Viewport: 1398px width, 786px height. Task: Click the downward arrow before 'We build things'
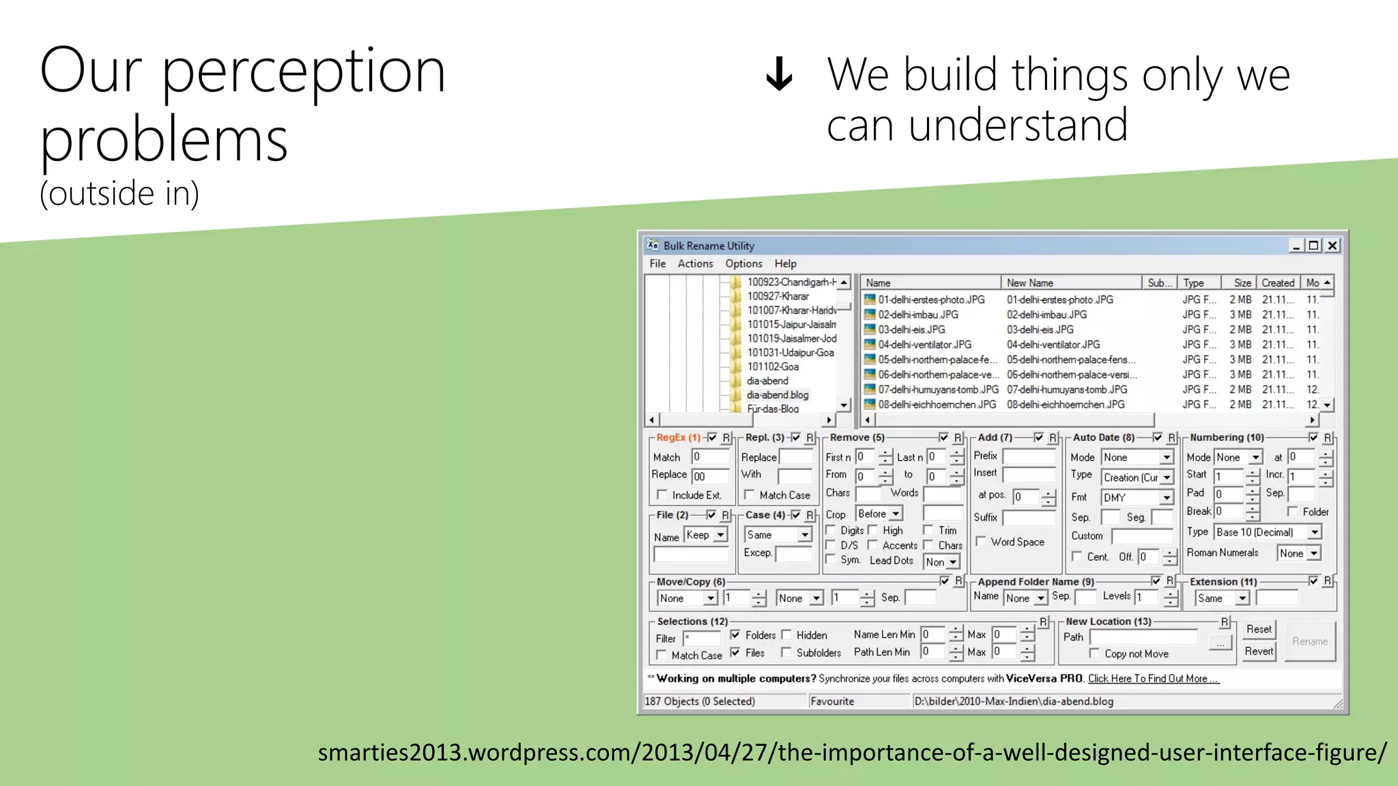point(779,74)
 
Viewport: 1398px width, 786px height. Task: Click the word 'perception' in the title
point(304,71)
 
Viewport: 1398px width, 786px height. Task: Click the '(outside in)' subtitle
point(119,194)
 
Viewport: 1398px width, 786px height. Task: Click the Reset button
point(1259,629)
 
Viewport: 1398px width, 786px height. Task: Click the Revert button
point(1259,651)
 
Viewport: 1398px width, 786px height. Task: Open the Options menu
point(743,263)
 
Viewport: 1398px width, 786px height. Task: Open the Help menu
point(785,263)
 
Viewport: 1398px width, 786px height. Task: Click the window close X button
point(1332,246)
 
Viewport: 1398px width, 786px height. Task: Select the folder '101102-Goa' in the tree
point(772,366)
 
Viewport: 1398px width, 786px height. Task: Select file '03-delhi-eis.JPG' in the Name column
point(911,330)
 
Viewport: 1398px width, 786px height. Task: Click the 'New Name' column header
point(1029,282)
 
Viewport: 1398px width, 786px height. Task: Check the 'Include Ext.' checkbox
point(661,495)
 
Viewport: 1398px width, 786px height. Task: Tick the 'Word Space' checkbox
point(981,542)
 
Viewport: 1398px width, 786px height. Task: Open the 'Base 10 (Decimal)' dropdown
point(1314,532)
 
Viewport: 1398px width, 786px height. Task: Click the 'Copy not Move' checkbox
point(1094,654)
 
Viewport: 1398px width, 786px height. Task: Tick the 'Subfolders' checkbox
point(786,652)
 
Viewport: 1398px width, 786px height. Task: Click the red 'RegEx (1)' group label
point(678,437)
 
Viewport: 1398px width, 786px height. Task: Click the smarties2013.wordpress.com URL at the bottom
point(852,753)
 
